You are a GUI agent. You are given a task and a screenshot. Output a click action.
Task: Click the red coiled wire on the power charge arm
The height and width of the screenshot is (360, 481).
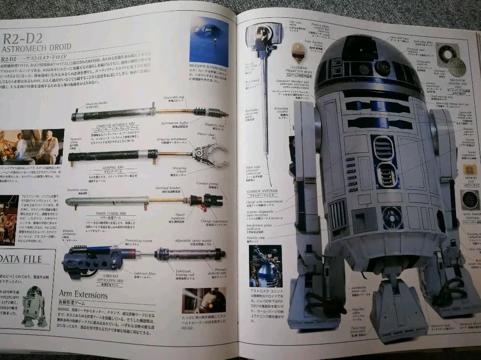(204, 207)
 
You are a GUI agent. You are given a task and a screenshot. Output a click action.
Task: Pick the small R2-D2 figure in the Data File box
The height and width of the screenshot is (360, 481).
(34, 306)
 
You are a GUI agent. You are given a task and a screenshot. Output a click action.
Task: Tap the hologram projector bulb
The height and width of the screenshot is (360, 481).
(298, 51)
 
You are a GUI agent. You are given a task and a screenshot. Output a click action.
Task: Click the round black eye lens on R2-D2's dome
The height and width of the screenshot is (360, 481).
(383, 68)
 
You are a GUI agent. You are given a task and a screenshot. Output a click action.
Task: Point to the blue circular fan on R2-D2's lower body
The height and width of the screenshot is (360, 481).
(391, 217)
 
